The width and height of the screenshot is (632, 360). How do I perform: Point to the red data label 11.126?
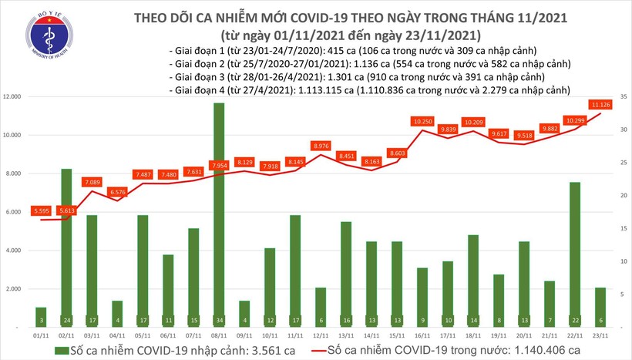pos(601,104)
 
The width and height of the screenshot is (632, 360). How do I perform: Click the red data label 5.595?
pos(42,210)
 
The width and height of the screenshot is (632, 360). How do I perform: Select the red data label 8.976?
pos(321,146)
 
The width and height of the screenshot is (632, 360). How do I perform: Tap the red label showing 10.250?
pos(422,121)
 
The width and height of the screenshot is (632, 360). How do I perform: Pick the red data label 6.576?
pos(118,192)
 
